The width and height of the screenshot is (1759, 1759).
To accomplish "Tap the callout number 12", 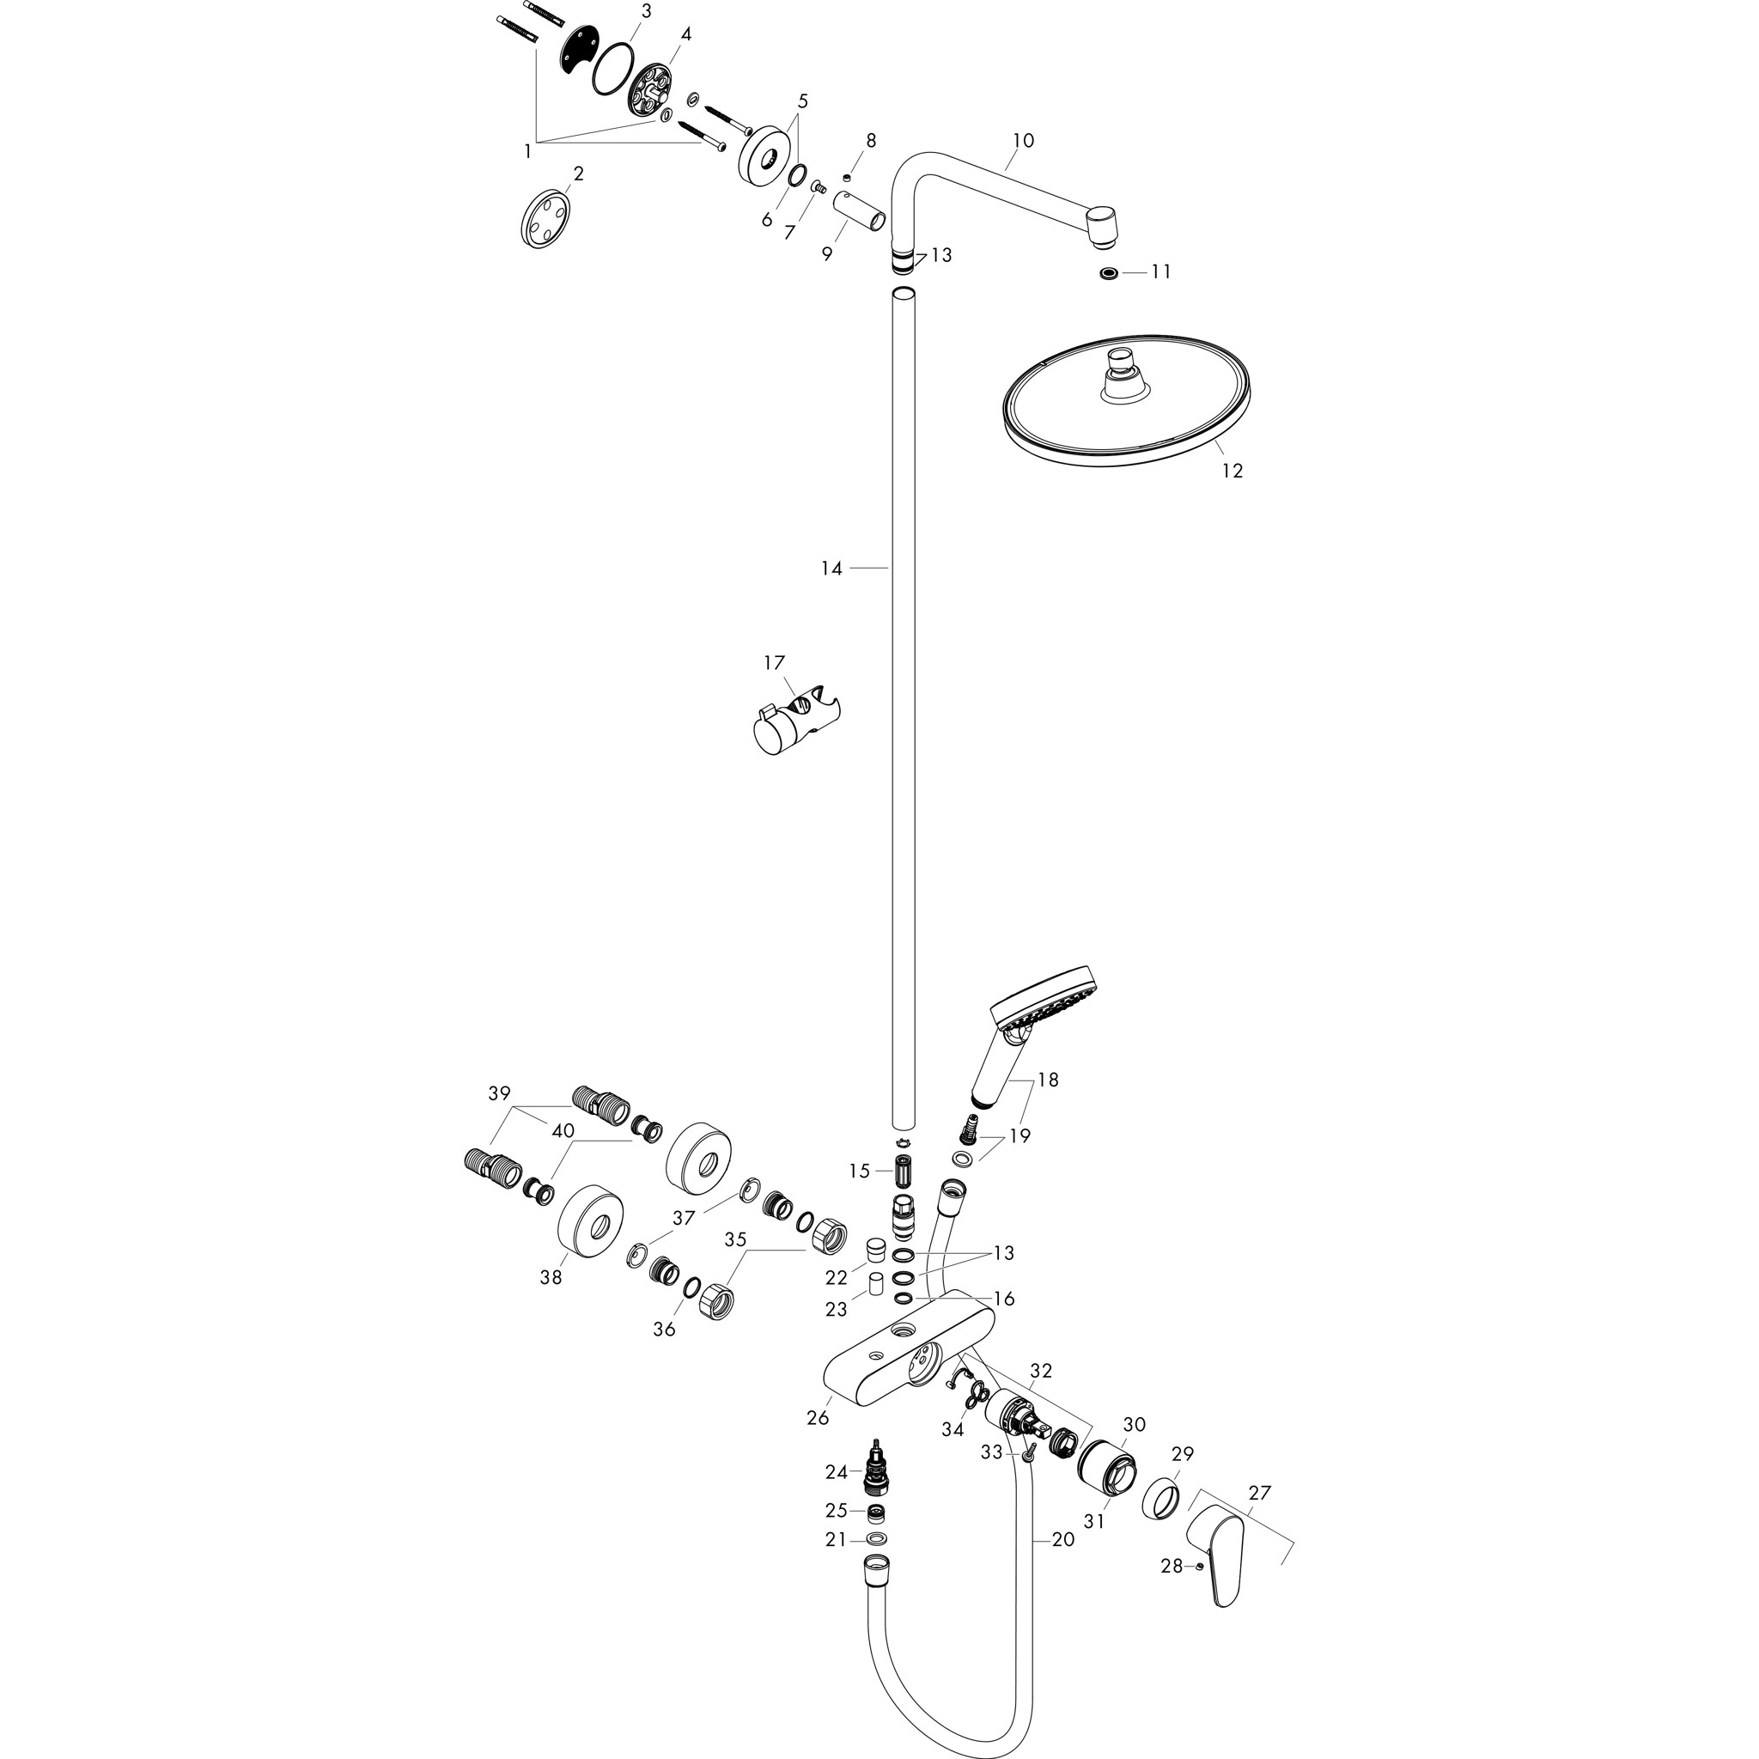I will (x=1232, y=471).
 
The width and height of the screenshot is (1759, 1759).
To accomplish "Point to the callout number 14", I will (x=831, y=568).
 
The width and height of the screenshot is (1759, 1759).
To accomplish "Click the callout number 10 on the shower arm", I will (x=1023, y=140).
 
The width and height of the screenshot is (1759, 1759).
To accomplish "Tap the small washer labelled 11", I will (x=1108, y=272).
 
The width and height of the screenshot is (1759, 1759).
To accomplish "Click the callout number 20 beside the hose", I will (x=1062, y=1540).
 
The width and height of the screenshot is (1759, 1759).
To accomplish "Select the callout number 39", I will (x=499, y=1093).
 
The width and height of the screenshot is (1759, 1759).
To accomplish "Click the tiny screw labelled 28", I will (x=1202, y=1565).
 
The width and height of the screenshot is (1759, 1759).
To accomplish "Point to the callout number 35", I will (x=734, y=1239).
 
